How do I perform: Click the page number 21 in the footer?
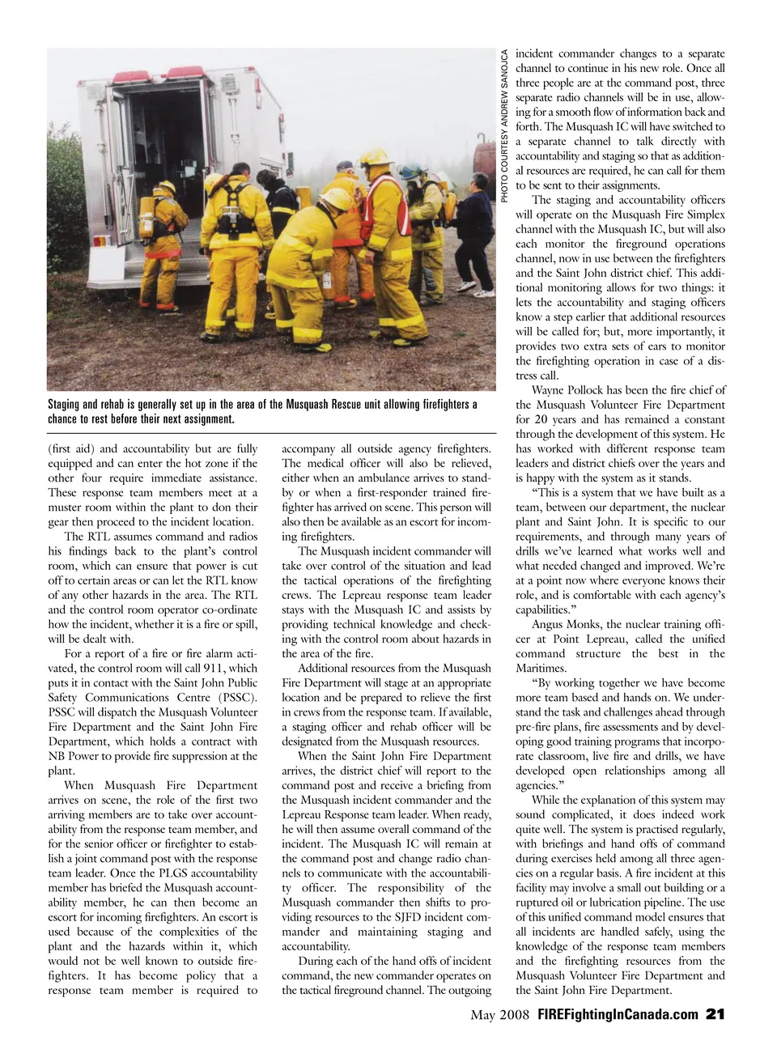tap(715, 1014)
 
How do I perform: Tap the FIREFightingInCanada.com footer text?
tap(618, 1014)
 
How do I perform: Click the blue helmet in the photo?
tap(414, 172)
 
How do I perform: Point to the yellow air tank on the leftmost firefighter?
tap(147, 217)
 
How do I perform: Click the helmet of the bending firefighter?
tap(338, 201)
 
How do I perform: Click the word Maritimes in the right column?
tap(541, 668)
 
